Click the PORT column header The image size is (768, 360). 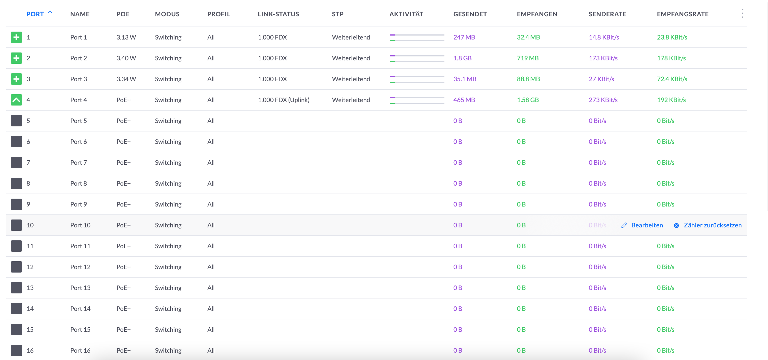pos(35,14)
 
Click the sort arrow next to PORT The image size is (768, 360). pos(50,14)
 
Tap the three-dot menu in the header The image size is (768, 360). pos(742,14)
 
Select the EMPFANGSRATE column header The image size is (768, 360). pos(682,14)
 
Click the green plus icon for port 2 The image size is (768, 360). pos(16,58)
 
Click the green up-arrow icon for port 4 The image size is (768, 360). pos(16,100)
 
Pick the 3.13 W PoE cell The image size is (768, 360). pos(126,37)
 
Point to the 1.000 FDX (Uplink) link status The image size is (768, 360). pos(283,100)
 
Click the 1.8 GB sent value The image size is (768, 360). pos(462,58)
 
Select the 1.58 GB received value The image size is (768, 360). pos(528,100)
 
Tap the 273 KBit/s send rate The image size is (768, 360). pos(603,100)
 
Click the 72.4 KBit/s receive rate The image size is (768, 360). pos(672,79)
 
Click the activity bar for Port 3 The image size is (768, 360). pos(417,79)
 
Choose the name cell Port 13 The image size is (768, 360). pos(80,288)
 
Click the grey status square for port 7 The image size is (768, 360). pos(16,163)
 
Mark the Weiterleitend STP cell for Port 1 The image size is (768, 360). pos(351,37)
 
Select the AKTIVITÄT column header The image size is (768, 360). pos(406,14)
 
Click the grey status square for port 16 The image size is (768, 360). pos(16,350)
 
